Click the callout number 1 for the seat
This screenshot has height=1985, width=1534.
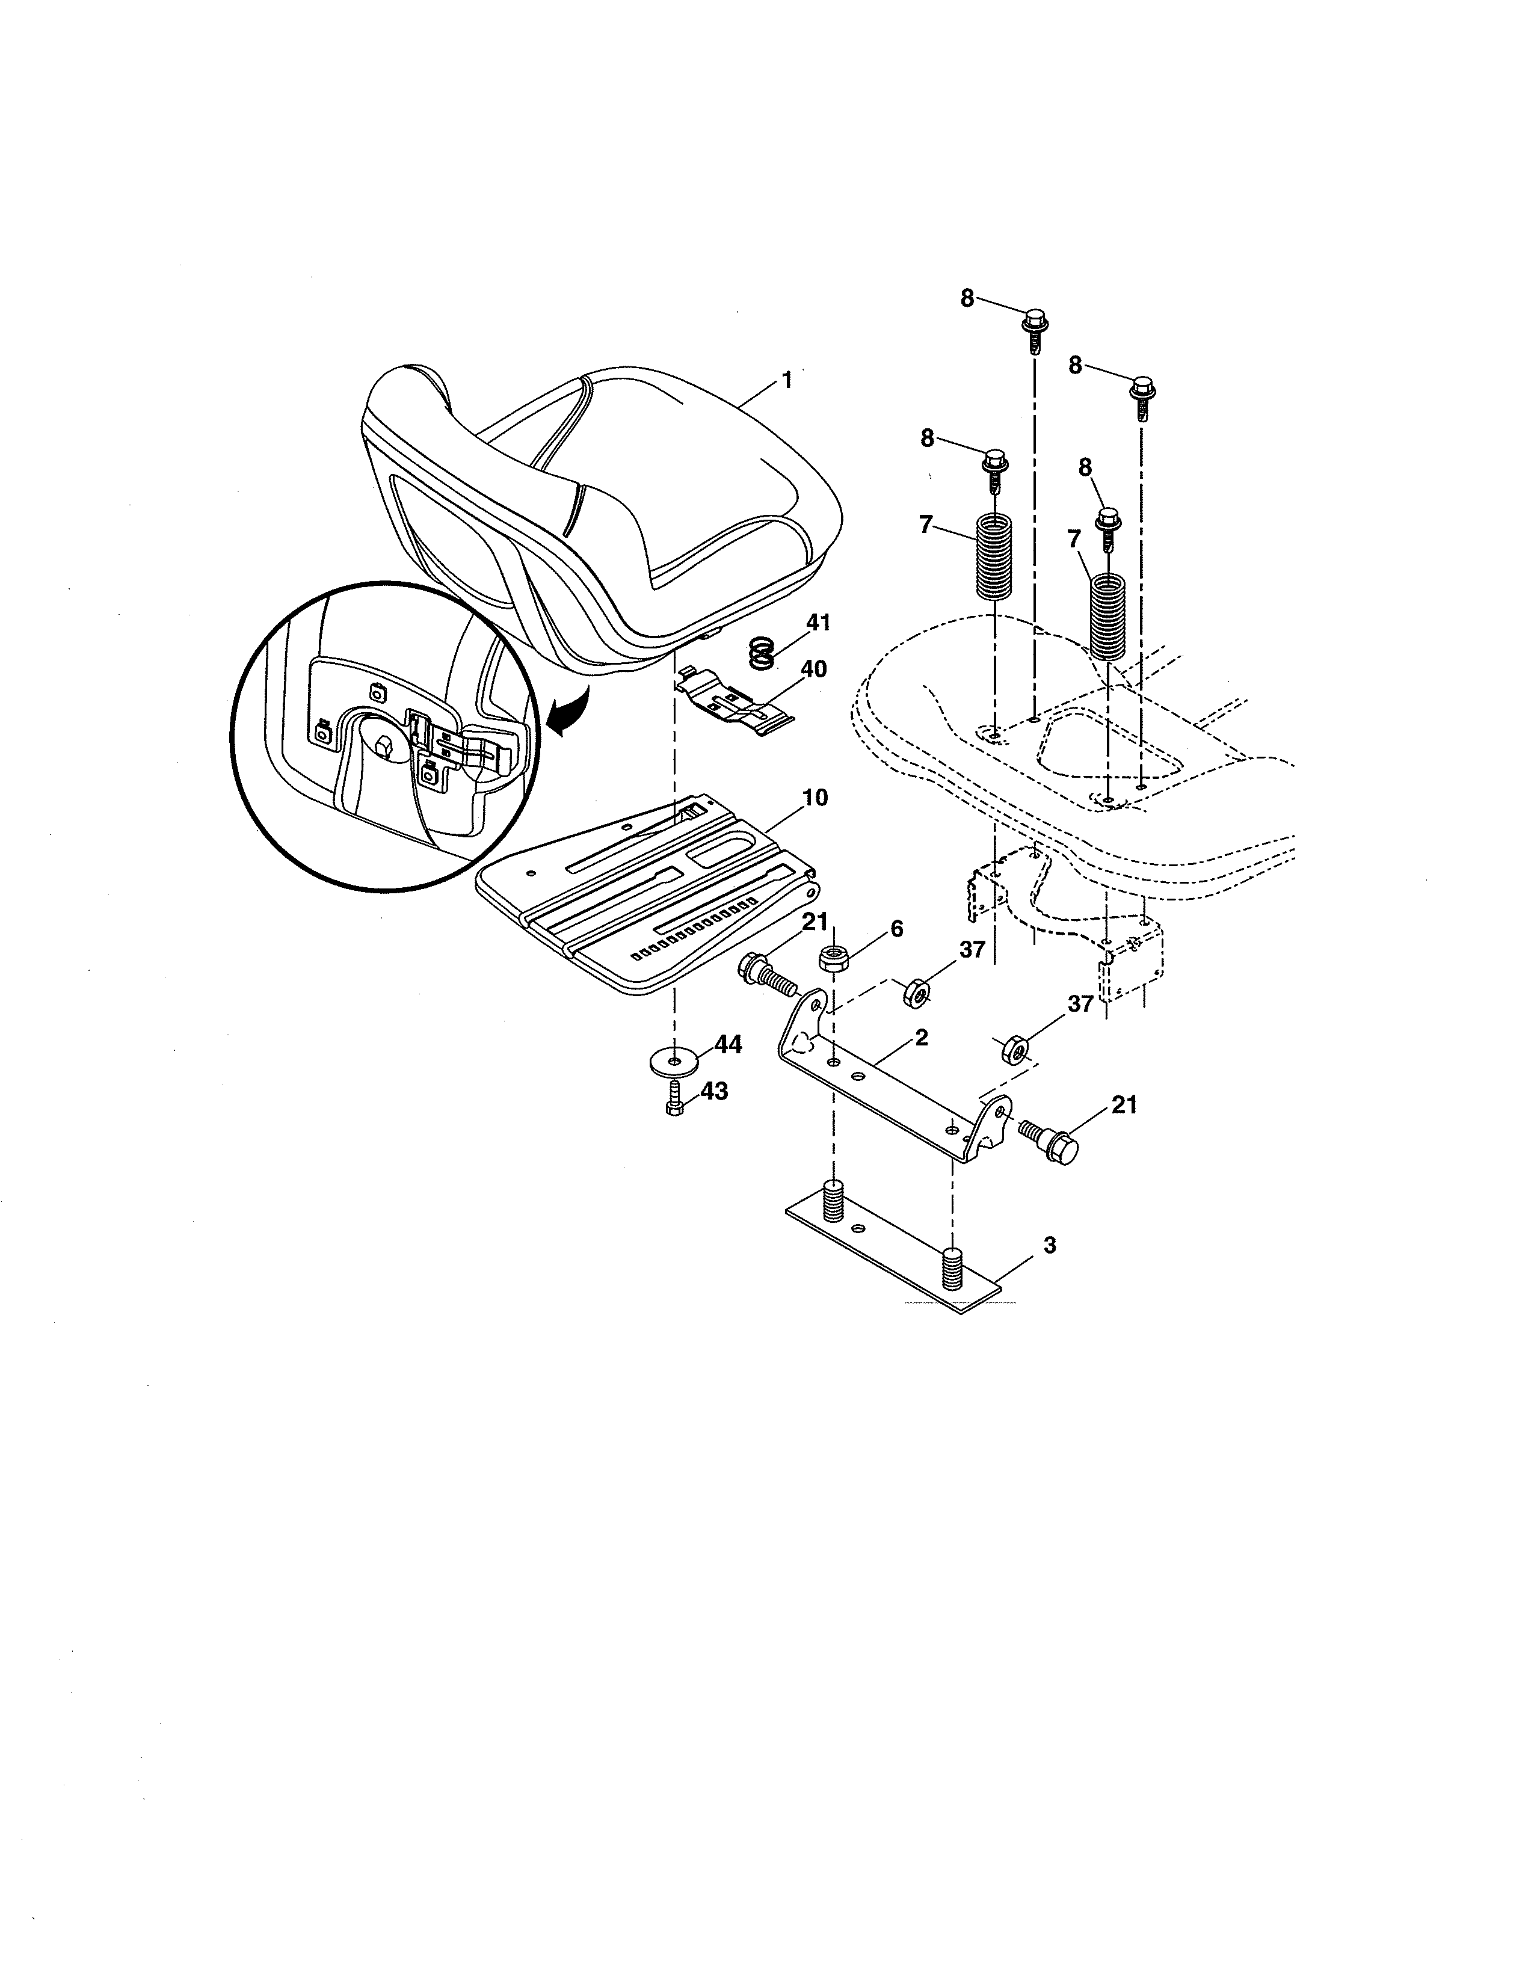tap(787, 380)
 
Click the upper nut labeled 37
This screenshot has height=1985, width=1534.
tap(917, 994)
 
